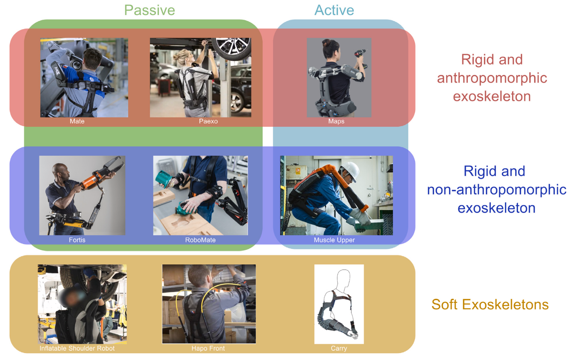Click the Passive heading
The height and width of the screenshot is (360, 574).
pos(150,10)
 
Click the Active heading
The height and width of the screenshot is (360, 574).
pos(334,10)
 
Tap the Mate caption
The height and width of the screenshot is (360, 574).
pos(77,121)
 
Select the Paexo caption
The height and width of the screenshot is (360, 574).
pos(208,121)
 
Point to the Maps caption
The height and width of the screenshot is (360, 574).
pos(336,121)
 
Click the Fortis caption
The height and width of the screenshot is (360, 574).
pos(77,240)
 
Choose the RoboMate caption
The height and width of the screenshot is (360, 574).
pos(200,240)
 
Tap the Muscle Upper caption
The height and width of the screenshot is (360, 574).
pos(334,240)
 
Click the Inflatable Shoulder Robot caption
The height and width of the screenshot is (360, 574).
pos(77,348)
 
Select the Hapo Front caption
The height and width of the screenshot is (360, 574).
pos(208,348)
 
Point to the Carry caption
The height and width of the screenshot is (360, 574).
pos(339,348)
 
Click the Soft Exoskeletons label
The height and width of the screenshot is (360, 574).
pos(490,304)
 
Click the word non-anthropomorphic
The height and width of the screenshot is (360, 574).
pos(497,189)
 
